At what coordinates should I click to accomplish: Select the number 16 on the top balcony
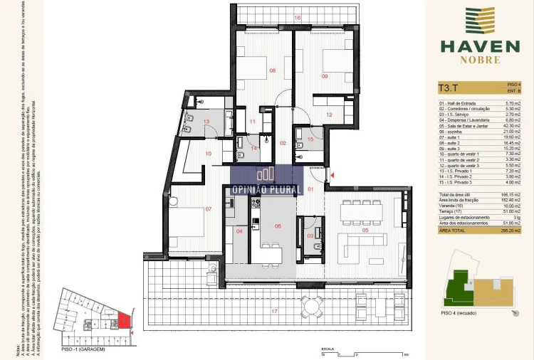coord(298,17)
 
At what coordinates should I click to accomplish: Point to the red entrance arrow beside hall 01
coord(331,175)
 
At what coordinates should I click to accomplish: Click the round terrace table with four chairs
coord(311,307)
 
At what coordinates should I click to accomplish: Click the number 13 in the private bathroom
coord(206,122)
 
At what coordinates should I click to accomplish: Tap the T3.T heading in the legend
coord(449,90)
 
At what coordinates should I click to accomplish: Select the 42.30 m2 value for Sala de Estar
coord(511,126)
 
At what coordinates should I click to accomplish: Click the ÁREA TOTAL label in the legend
coord(454,231)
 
